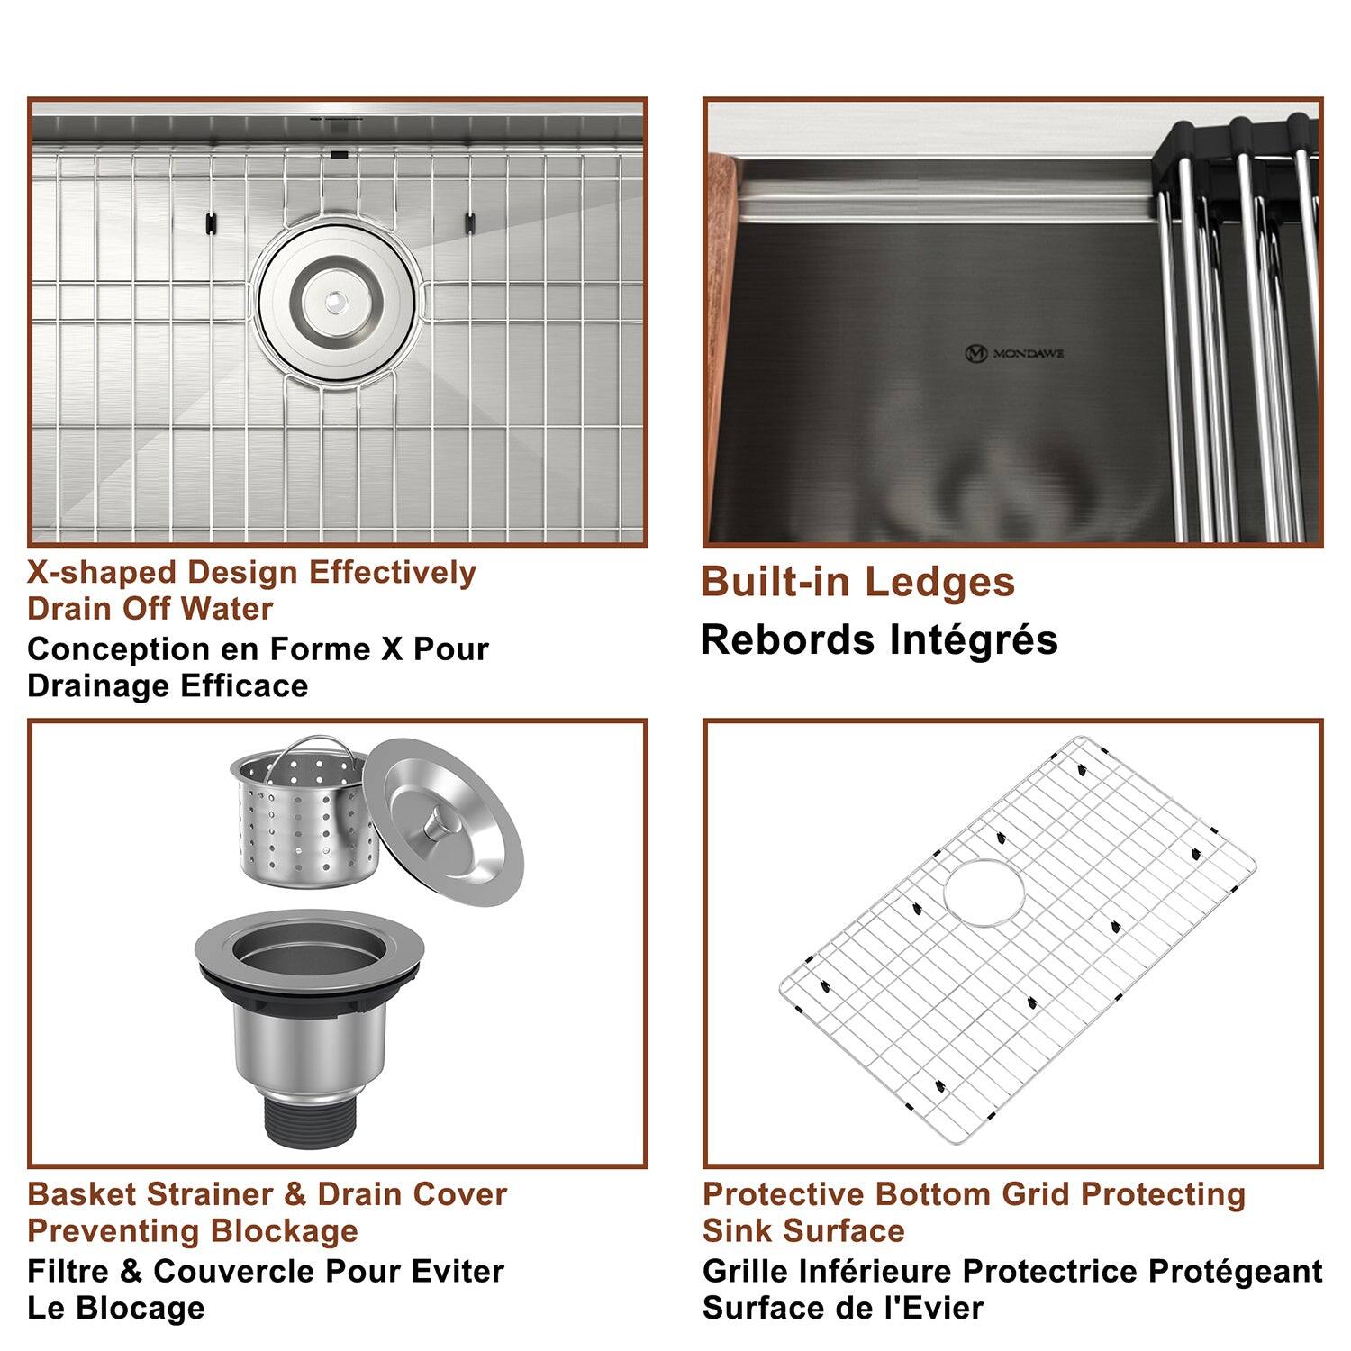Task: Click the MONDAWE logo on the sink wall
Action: point(1014,353)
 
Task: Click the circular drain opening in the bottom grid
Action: point(984,892)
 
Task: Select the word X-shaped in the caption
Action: point(102,573)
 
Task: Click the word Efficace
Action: point(244,685)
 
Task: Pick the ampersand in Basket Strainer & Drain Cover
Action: point(295,1194)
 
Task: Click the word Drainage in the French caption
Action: point(99,685)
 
